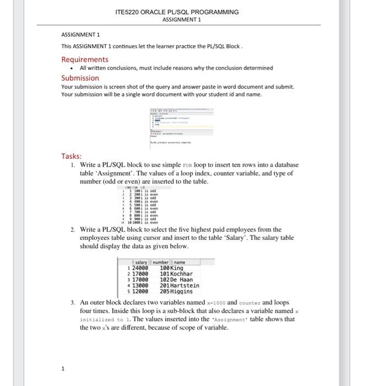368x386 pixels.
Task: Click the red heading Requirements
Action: point(84,59)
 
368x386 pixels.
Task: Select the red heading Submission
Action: point(80,78)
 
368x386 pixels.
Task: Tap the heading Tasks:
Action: point(72,156)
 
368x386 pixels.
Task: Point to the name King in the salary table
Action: point(177,268)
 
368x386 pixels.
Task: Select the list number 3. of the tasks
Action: point(73,303)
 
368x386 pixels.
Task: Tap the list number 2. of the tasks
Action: point(73,229)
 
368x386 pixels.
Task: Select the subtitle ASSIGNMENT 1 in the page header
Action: point(182,19)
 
